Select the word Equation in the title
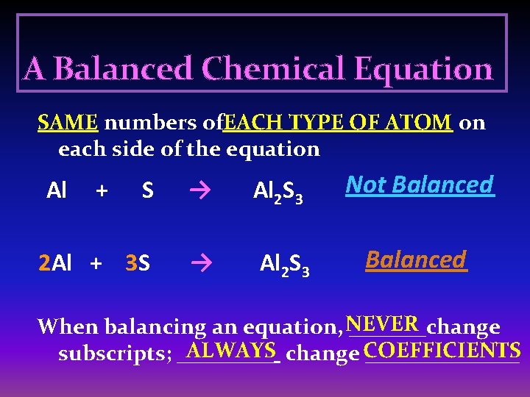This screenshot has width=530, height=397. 423,69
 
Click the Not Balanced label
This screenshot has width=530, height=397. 420,185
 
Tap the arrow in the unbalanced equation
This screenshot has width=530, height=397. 197,191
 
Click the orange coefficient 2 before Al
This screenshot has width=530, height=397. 44,263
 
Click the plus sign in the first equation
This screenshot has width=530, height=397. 102,191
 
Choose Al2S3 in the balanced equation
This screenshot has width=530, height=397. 285,264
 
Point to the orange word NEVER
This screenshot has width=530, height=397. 383,323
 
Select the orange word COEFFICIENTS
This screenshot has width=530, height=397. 442,349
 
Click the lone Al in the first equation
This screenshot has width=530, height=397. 56,191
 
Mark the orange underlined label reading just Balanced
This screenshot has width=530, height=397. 416,260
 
